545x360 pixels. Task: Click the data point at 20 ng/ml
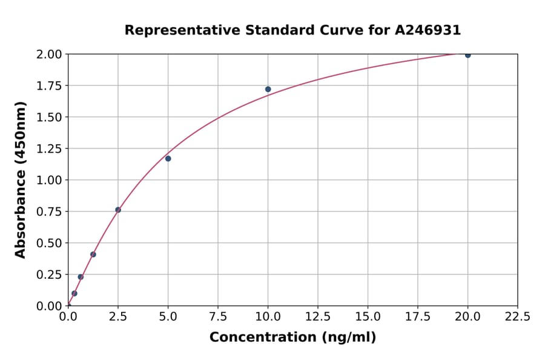467,55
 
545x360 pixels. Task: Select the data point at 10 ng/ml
268,89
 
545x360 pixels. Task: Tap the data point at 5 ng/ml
168,159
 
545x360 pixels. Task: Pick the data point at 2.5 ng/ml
118,210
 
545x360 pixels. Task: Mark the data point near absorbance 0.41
93,255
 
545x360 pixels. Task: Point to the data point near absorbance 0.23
81,277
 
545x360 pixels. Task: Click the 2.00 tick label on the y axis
49,55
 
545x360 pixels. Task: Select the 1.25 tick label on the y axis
49,148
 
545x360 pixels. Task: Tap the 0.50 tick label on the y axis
49,243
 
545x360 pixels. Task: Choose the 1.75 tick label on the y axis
49,86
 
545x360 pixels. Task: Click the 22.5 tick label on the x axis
518,316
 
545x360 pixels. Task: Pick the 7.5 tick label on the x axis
218,316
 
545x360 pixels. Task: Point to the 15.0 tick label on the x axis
368,316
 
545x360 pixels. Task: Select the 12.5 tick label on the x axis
318,316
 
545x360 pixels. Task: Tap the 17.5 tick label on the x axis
418,316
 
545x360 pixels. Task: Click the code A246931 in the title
429,30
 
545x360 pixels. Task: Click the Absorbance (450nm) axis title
21,180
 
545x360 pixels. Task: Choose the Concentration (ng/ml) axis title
292,338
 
